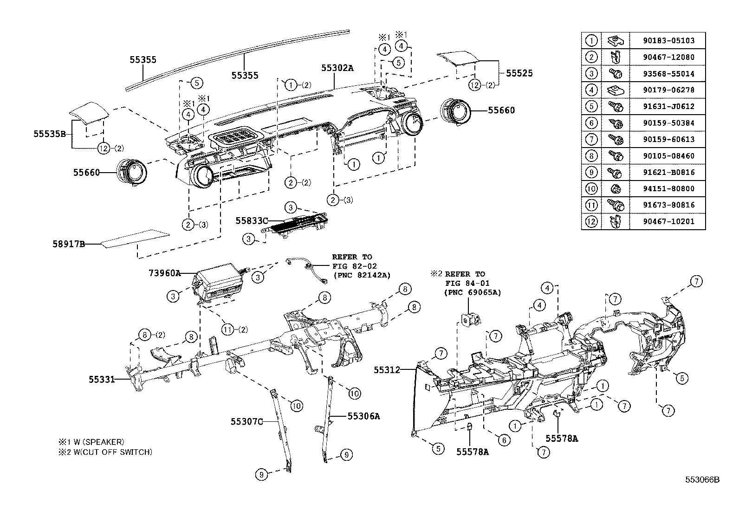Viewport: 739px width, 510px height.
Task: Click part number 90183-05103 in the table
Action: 668,41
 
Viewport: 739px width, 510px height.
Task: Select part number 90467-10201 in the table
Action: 668,221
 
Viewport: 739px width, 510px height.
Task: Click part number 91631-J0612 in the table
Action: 668,106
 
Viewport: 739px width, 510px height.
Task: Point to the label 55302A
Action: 337,68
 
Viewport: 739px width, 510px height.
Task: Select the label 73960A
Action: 164,273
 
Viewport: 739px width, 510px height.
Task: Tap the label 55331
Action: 102,379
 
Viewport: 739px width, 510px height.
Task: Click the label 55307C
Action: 247,421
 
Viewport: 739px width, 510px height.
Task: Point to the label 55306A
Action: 364,416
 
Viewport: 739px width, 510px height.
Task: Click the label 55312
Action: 387,370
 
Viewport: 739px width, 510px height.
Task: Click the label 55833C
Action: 252,220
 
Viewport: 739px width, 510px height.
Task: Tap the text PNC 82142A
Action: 362,275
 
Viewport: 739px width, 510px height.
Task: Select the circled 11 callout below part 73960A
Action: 227,329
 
